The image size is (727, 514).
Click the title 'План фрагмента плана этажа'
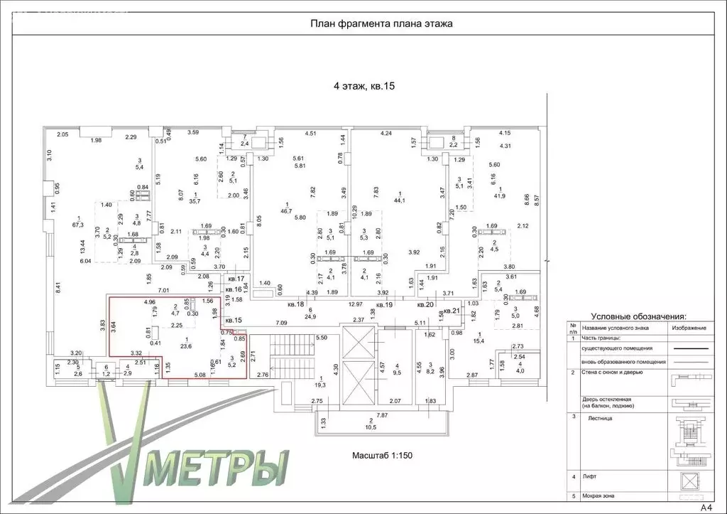[x=381, y=23]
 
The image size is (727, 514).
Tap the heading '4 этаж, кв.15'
[x=363, y=87]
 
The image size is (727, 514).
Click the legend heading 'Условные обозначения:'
[x=638, y=316]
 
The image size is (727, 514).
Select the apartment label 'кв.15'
[x=234, y=320]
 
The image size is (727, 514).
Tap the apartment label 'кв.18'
[x=296, y=304]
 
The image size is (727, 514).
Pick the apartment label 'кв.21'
[x=452, y=311]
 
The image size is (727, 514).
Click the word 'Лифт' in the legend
[x=589, y=476]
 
